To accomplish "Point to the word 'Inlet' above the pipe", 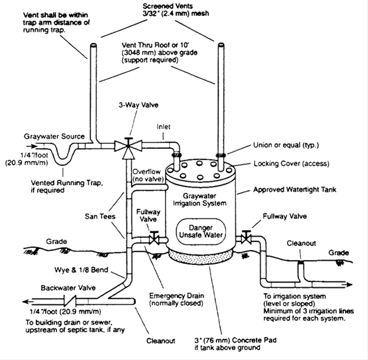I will tap(163, 127).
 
